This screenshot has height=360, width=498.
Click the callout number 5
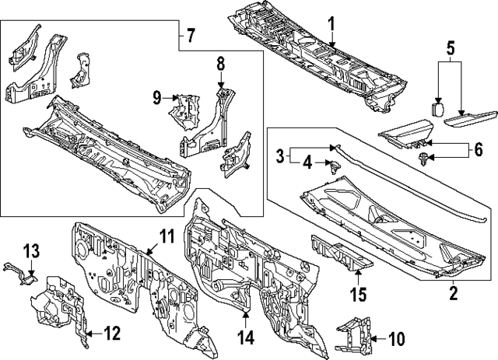451,48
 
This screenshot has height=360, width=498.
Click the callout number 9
157,98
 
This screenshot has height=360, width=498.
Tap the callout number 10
396,338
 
